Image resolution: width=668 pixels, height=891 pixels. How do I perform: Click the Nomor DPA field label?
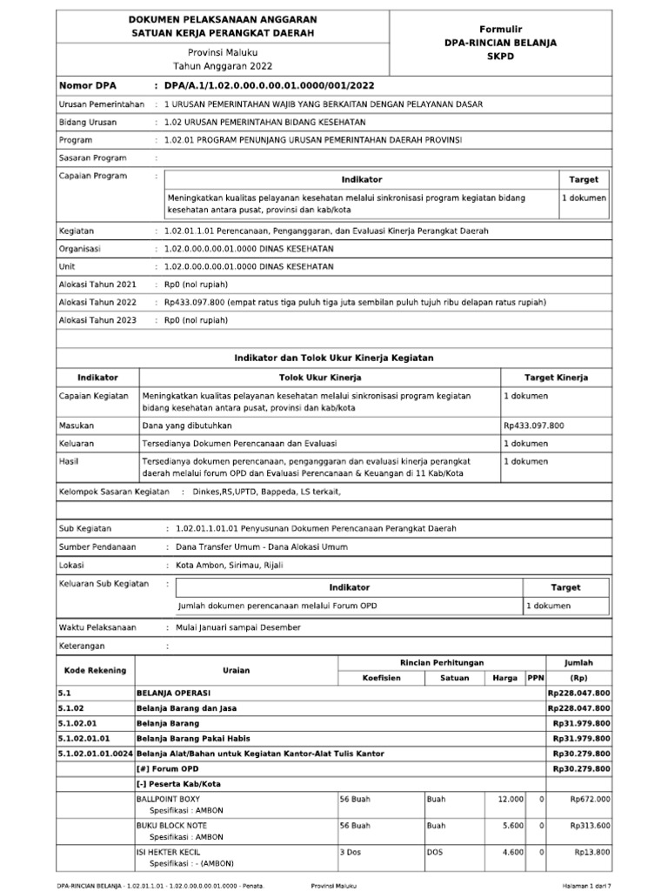pos(87,86)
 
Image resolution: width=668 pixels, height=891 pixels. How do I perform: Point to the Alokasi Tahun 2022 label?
pos(97,302)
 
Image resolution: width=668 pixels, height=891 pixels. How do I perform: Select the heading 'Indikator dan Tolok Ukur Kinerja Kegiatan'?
pos(334,358)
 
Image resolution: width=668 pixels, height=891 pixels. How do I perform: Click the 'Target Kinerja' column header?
pos(556,378)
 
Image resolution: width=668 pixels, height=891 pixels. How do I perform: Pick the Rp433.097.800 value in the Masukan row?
pos(533,425)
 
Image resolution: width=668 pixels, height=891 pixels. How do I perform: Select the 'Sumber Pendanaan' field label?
pos(97,546)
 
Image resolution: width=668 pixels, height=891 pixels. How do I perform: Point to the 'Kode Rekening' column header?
pos(95,670)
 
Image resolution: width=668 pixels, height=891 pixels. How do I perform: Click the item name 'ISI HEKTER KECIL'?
pos(168,853)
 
